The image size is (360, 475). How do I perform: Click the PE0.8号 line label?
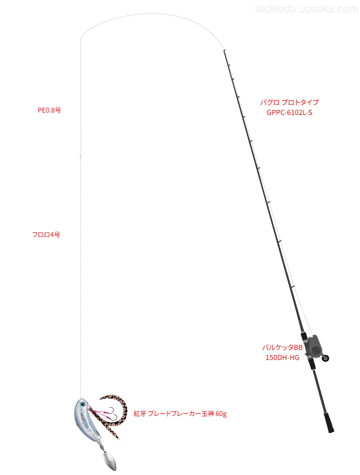pyautogui.click(x=49, y=110)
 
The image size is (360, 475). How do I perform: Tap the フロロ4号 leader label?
pyautogui.click(x=46, y=234)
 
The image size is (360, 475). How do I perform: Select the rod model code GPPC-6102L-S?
pyautogui.click(x=289, y=112)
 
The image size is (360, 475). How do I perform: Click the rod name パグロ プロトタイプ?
pyautogui.click(x=289, y=102)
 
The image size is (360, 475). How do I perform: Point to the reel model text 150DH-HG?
pyautogui.click(x=282, y=357)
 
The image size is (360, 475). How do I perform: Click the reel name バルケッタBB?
pyautogui.click(x=282, y=347)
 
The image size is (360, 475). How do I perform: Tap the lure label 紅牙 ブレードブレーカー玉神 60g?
pyautogui.click(x=180, y=413)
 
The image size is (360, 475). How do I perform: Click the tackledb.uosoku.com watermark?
pyautogui.click(x=306, y=9)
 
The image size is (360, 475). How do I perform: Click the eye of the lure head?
pyautogui.click(x=82, y=404)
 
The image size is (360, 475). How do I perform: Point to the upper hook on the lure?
pyautogui.click(x=111, y=409)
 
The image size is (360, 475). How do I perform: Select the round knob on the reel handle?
pyautogui.click(x=326, y=358)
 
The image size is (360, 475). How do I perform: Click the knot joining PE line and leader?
pyautogui.click(x=80, y=156)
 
